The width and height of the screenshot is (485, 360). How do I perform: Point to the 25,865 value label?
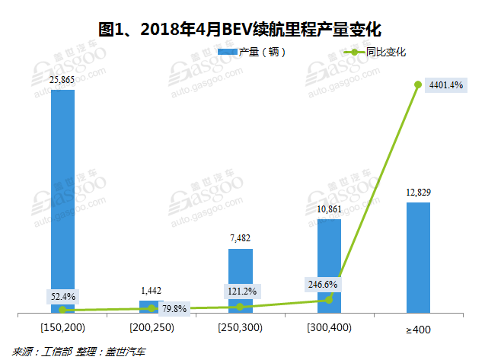(x=62, y=79)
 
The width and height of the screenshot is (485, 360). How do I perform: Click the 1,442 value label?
(x=152, y=291)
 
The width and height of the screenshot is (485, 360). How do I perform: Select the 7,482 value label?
(x=239, y=238)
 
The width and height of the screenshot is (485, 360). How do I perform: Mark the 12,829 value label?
(x=417, y=192)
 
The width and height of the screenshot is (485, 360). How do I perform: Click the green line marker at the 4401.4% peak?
(x=418, y=84)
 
